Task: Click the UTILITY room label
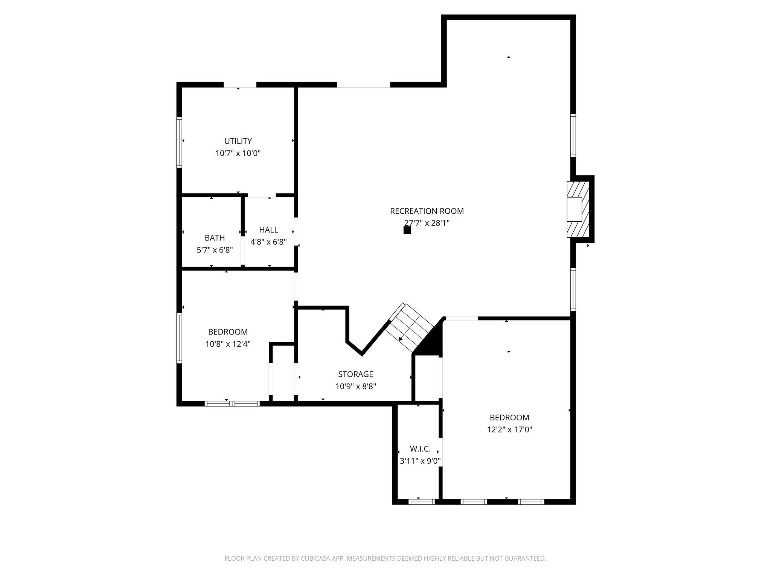[238, 141]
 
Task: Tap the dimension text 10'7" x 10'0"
[238, 153]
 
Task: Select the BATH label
[215, 238]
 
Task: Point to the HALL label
[268, 230]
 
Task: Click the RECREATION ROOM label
[427, 211]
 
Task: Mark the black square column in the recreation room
[407, 230]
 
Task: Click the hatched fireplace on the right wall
[577, 210]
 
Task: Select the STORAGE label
[355, 374]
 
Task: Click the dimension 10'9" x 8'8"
[355, 386]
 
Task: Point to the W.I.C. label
[420, 449]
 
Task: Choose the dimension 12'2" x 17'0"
[509, 429]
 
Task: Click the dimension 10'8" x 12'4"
[228, 344]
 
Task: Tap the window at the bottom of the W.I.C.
[421, 502]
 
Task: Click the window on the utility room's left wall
[180, 142]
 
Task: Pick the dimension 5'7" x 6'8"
[215, 250]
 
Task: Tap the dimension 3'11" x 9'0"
[420, 461]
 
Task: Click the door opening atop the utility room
[240, 85]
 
